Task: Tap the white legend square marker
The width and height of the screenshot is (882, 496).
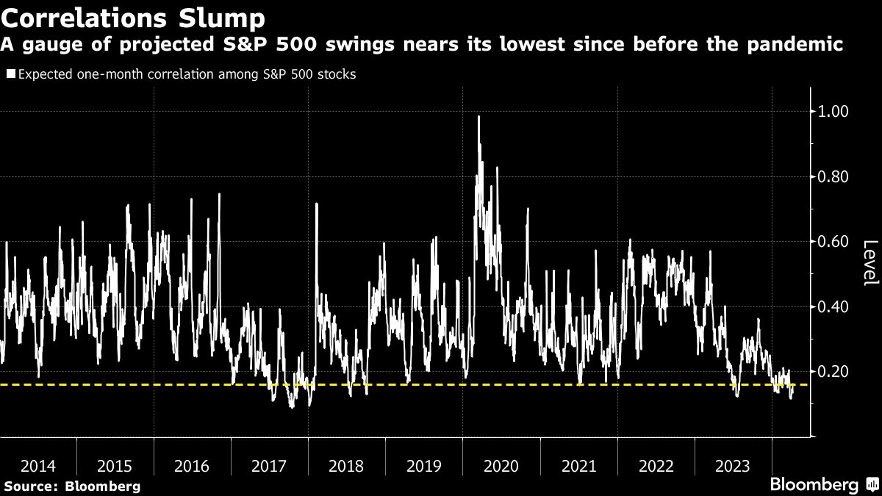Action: point(10,74)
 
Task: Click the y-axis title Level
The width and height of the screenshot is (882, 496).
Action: point(870,263)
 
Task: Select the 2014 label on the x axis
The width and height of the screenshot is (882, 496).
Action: point(37,466)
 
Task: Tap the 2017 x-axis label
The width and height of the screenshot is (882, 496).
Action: point(269,466)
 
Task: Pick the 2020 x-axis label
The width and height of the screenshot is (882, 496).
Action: point(501,466)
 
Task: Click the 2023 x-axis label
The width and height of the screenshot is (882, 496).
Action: point(733,466)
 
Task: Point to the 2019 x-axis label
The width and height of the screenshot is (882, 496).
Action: point(424,466)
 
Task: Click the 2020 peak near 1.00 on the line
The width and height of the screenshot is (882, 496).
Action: point(479,117)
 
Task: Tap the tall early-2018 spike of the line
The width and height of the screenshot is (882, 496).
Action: point(317,204)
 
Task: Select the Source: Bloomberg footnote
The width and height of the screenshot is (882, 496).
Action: point(71,486)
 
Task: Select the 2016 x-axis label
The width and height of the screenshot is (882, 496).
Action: point(192,466)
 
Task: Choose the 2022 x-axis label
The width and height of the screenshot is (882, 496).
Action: point(656,466)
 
